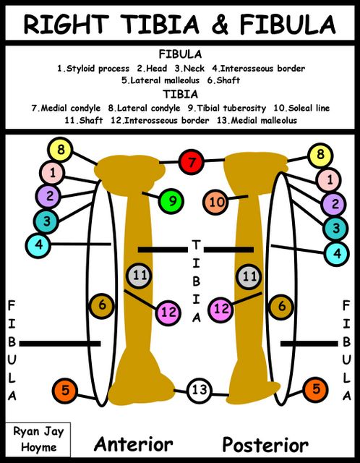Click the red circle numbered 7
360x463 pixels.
(192, 162)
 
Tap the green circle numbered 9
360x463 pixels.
(171, 201)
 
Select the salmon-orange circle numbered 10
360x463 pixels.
(215, 203)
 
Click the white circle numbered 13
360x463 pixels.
(200, 390)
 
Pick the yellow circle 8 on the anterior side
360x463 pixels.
(60, 150)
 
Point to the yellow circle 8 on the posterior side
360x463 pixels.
(320, 155)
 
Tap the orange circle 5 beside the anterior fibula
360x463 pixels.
(64, 391)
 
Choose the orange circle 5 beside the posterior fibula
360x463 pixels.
(316, 389)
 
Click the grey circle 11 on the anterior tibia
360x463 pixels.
(139, 276)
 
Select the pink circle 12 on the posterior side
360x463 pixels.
(220, 309)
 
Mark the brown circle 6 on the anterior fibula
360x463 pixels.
(101, 305)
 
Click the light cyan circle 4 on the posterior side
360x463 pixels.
(337, 253)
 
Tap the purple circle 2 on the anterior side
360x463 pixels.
(48, 196)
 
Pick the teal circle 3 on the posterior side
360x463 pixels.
(335, 229)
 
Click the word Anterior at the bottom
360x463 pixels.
(134, 444)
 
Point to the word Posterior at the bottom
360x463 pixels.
(265, 445)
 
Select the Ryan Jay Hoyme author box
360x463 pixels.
(38, 440)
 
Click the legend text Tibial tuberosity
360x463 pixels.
(227, 108)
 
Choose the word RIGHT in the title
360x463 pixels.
(66, 24)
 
